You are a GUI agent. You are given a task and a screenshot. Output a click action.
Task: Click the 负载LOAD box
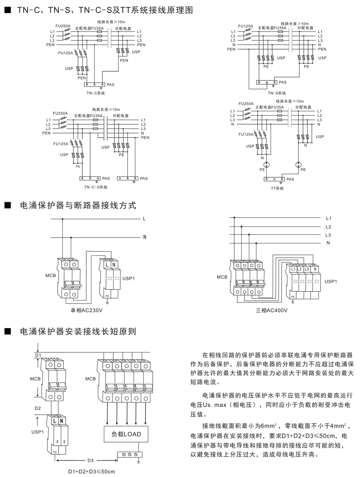click(126, 434)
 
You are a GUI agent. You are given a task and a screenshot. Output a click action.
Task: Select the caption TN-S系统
click(277, 93)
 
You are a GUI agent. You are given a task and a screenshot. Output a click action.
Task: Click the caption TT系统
click(277, 188)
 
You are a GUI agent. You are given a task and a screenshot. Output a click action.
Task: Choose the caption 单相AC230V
click(87, 310)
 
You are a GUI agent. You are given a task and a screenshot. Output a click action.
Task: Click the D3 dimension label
click(91, 460)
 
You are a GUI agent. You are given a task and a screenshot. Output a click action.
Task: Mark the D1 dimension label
click(38, 356)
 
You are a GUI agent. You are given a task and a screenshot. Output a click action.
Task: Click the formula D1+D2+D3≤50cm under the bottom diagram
click(91, 471)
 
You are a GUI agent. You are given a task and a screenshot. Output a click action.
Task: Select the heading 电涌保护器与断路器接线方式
click(78, 206)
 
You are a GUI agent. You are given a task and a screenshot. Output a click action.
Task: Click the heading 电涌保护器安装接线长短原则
click(78, 331)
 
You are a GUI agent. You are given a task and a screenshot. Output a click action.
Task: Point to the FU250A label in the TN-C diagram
click(63, 26)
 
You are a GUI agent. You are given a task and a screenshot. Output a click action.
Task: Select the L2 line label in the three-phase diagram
click(328, 227)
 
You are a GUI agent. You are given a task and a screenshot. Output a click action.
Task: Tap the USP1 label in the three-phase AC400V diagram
click(330, 281)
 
